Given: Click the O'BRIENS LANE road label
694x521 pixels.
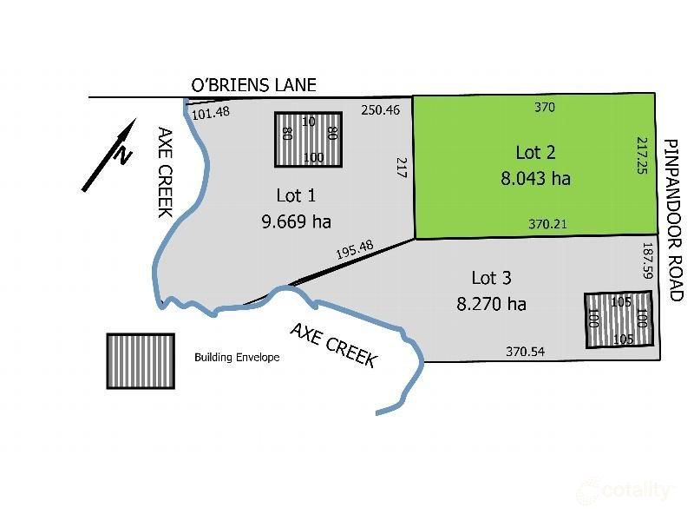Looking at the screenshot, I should (253, 85).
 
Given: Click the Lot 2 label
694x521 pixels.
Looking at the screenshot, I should (534, 152).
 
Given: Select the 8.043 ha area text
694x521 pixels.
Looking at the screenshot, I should (535, 179).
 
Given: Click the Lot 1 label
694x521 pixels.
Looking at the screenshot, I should (296, 195).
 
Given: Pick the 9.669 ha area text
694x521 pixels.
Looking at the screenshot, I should (296, 221).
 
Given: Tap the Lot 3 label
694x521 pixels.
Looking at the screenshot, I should (491, 278).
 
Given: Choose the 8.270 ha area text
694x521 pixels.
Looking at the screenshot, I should (491, 304).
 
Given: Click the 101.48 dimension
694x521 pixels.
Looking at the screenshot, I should (211, 113).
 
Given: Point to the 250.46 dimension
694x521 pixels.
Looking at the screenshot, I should (379, 109).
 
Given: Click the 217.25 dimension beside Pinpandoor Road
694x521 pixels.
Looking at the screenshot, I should (642, 157).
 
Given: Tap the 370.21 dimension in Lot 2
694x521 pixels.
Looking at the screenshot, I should (547, 224).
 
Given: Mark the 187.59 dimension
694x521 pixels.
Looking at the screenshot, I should (646, 260).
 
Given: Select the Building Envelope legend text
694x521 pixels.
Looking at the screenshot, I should (237, 357).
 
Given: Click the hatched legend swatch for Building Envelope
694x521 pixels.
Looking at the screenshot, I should (140, 359).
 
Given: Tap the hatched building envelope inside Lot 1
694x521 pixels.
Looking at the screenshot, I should (308, 140).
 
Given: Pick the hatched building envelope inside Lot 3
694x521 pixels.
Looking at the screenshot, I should (618, 320).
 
